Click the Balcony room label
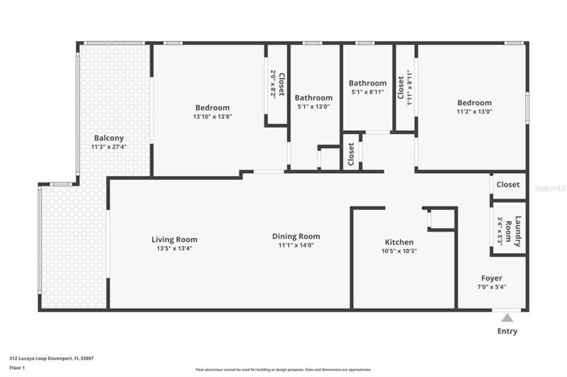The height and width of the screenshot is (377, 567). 109,137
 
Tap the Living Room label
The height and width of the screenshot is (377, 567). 175,240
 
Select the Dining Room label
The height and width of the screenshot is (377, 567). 296,236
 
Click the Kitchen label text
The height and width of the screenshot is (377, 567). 399,242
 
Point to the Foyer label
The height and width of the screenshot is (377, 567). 492,277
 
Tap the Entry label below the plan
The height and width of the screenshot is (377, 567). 507,331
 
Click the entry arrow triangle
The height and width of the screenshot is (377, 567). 504,316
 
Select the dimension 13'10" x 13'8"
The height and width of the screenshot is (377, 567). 212,117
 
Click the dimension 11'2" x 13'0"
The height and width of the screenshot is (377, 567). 474,112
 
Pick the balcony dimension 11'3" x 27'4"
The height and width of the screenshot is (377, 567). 109,147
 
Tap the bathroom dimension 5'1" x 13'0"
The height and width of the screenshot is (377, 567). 314,107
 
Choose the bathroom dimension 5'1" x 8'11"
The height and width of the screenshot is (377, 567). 368,92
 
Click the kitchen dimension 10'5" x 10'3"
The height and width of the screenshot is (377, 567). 399,251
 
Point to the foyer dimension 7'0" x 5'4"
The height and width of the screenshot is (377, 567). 492,287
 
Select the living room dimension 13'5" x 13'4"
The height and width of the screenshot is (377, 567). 175,248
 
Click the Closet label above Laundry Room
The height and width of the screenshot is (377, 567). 508,185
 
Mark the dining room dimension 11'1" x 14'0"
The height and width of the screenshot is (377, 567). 296,246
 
